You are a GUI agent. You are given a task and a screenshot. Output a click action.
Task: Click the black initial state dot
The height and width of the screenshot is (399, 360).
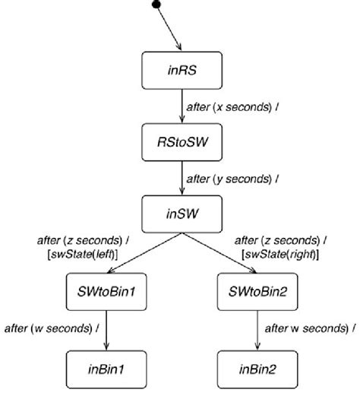(156, 5)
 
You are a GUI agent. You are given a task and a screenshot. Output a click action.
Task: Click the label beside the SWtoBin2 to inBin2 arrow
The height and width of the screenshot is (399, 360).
(309, 329)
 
